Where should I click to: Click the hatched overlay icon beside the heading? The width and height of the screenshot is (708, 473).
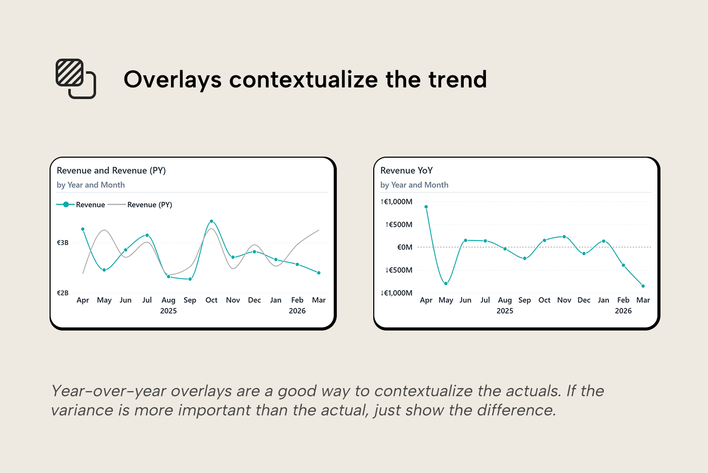tap(75, 78)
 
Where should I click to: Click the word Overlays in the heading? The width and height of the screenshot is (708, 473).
tap(172, 80)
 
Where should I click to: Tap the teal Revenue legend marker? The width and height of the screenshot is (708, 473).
tap(66, 205)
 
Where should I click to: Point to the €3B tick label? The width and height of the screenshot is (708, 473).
tap(63, 243)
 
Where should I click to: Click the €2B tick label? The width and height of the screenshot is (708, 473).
tap(63, 293)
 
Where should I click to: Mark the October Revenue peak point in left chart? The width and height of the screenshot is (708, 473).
tap(211, 221)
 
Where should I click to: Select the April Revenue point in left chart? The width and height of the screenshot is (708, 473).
tap(83, 229)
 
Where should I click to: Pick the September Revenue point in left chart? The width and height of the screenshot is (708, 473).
tap(190, 279)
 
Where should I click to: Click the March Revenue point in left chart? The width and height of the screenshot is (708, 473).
tap(319, 273)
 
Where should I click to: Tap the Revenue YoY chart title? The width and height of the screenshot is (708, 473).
tap(407, 171)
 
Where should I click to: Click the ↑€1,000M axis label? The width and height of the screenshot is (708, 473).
tap(396, 202)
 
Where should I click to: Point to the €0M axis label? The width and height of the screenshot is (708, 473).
tap(405, 247)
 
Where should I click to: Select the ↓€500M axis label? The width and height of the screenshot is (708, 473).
tap(399, 270)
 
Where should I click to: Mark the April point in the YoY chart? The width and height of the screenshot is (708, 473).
tap(426, 207)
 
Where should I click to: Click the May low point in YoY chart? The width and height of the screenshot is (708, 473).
tap(446, 283)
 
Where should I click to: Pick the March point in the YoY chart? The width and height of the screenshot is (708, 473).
tap(643, 286)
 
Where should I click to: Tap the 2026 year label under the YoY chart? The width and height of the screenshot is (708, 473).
tap(623, 311)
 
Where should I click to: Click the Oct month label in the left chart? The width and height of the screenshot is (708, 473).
tap(211, 300)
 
